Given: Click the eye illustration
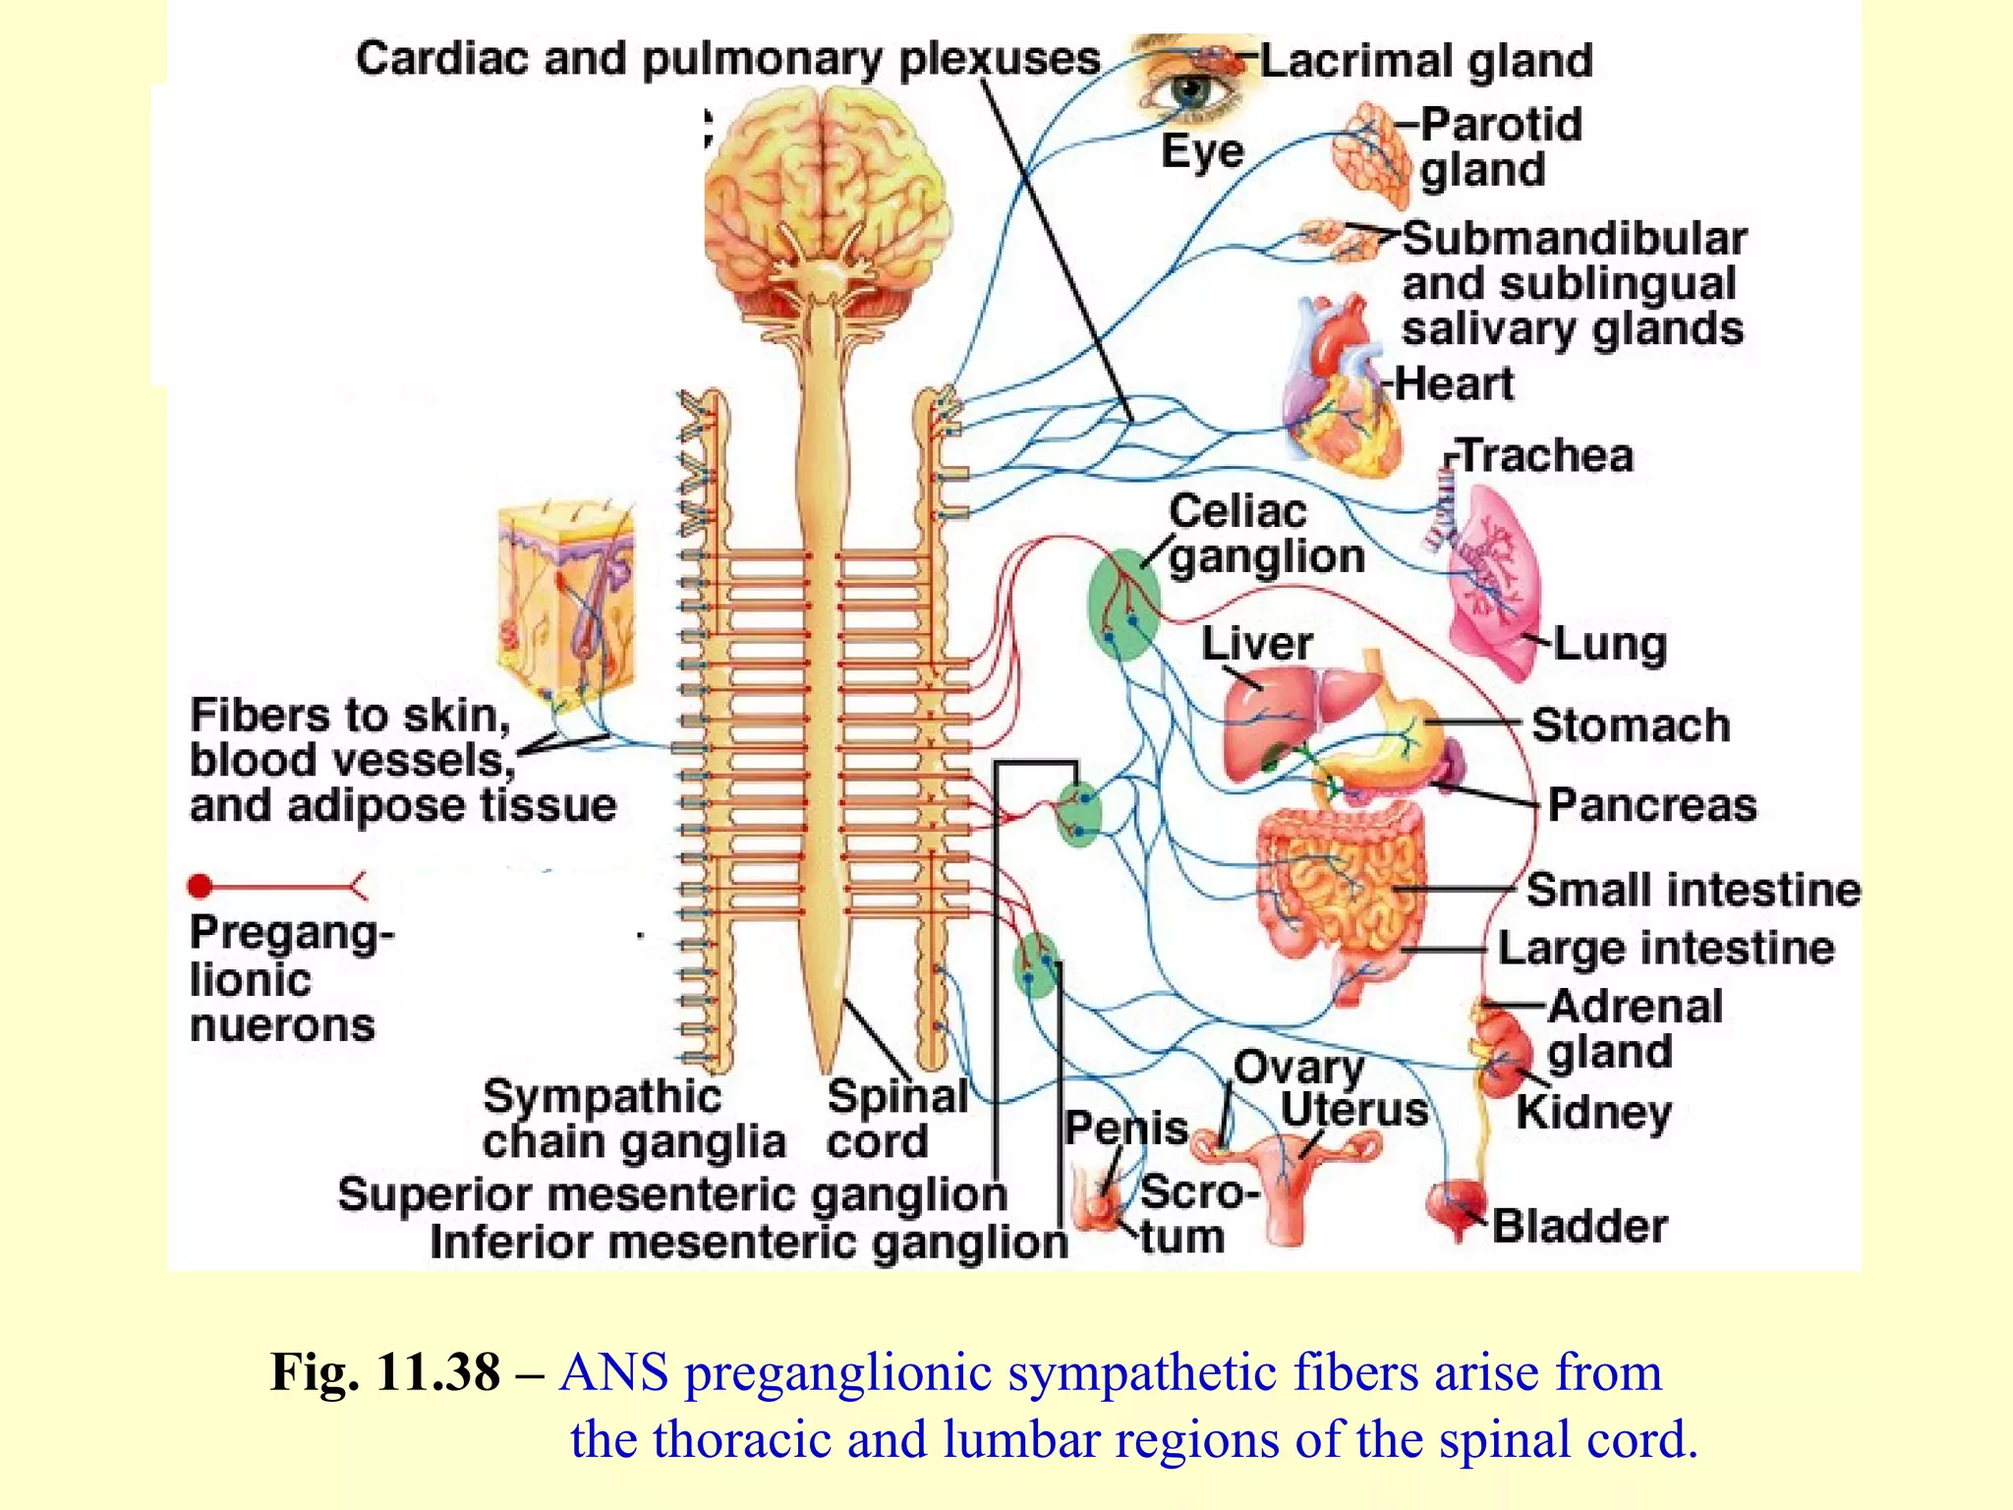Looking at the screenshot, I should click(x=1192, y=91).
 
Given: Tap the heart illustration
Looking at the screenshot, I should click(x=1342, y=393).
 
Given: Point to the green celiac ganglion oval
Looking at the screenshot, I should click(x=1123, y=604).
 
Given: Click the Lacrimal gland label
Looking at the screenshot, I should click(x=1426, y=61).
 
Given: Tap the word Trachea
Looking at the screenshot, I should click(x=1546, y=456).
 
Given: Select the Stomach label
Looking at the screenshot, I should click(x=1631, y=726).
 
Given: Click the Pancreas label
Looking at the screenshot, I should click(x=1652, y=805).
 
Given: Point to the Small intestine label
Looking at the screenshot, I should click(x=1693, y=890).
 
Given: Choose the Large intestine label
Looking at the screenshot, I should click(x=1666, y=949).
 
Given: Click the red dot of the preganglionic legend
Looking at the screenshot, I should click(x=201, y=887).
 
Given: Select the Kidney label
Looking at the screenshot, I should click(x=1593, y=1113).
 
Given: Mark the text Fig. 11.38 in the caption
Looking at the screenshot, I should click(x=384, y=1372).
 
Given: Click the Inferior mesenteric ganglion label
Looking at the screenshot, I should click(x=749, y=1242).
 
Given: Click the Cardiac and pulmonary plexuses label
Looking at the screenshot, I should click(x=727, y=59).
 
